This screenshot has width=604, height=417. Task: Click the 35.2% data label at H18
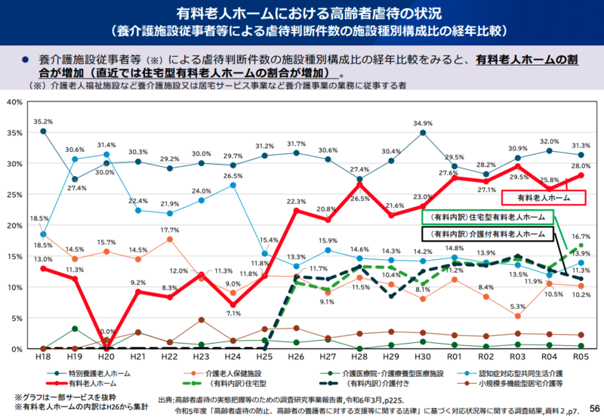tap(43, 121)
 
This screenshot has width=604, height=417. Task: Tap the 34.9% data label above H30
tap(423, 123)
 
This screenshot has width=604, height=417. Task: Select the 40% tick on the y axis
tap(16, 101)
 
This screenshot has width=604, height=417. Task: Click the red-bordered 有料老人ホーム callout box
tap(544, 197)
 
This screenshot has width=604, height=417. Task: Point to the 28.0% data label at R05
tap(580, 165)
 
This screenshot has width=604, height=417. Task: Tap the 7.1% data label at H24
tap(233, 314)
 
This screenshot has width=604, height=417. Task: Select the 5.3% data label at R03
tap(516, 306)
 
